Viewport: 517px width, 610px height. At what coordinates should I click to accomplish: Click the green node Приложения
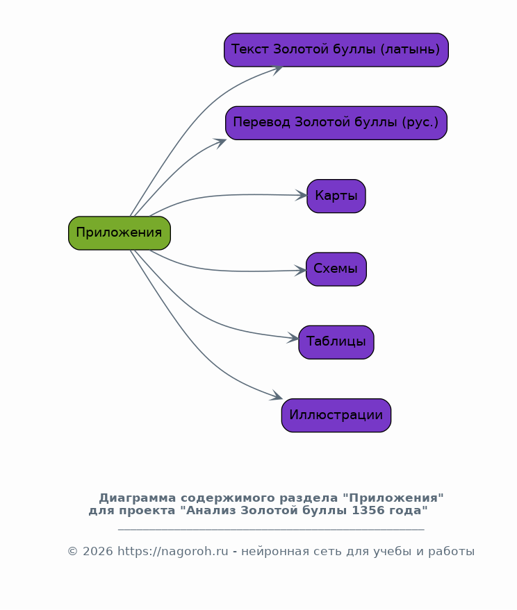point(120,233)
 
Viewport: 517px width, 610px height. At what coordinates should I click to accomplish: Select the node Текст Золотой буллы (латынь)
point(336,50)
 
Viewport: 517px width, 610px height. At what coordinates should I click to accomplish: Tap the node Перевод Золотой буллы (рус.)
point(336,123)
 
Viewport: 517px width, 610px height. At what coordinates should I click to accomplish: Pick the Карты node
point(336,196)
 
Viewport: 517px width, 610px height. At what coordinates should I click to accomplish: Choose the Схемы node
point(336,269)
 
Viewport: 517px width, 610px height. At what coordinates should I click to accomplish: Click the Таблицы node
point(336,342)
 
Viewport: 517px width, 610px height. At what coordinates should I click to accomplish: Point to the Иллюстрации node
point(336,415)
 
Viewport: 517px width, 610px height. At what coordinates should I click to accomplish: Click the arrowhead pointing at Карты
point(301,195)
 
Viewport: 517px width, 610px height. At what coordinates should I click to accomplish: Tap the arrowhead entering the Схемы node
point(300,271)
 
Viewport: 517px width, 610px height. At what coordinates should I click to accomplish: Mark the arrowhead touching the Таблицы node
point(293,338)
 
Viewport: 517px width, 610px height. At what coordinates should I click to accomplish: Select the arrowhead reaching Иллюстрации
point(277,396)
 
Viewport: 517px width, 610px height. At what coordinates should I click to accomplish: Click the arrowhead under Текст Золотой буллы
point(277,70)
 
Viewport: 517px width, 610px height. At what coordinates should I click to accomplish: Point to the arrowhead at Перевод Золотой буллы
point(220,143)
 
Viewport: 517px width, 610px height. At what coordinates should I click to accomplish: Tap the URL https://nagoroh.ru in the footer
point(172,552)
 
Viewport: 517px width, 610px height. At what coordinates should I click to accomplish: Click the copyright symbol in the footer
point(73,552)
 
